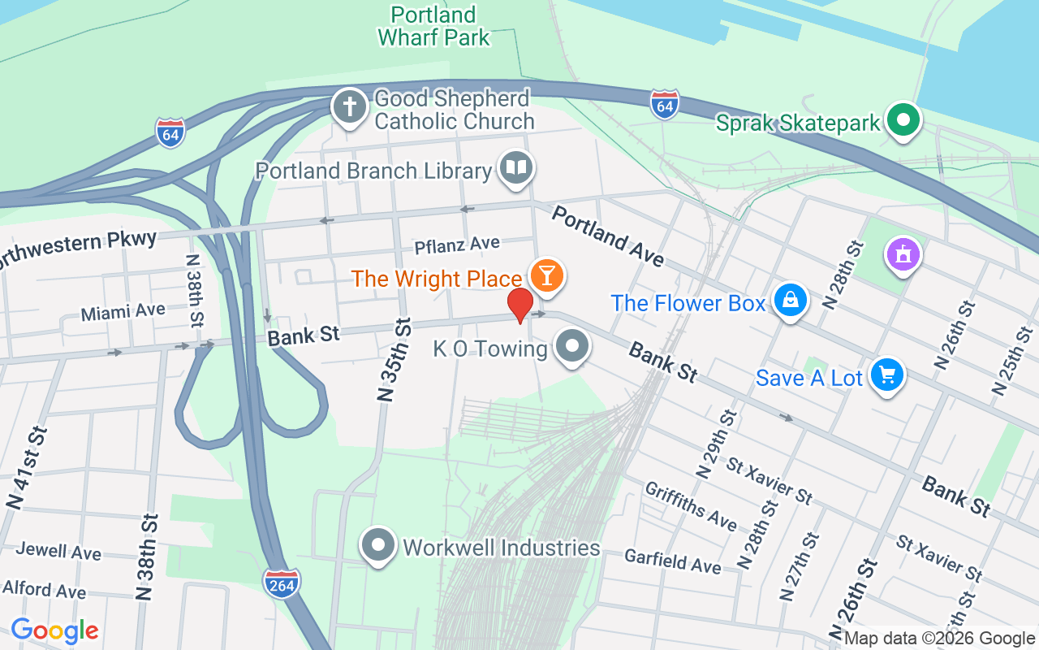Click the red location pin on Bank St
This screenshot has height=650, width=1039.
[520, 305]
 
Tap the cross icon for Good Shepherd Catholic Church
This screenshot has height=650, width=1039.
[350, 106]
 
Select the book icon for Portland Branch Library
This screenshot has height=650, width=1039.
[516, 167]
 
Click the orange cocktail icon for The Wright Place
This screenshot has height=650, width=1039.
[546, 275]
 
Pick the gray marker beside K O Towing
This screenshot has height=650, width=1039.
[573, 346]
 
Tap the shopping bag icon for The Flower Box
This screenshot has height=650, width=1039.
[790, 300]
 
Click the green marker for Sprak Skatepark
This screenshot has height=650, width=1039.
[902, 120]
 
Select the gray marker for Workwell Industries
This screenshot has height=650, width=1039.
[378, 544]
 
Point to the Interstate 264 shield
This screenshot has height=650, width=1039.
[282, 583]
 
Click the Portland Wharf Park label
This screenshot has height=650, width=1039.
[433, 26]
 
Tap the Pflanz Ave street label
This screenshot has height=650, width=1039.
[457, 245]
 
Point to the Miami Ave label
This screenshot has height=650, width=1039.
[123, 311]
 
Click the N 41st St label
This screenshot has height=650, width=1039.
[27, 467]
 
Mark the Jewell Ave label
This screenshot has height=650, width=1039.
[58, 551]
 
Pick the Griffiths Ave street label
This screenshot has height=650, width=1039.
[690, 505]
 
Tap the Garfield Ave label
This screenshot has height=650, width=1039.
[672, 560]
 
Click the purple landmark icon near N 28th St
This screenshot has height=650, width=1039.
[902, 253]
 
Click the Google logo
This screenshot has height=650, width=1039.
[54, 630]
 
